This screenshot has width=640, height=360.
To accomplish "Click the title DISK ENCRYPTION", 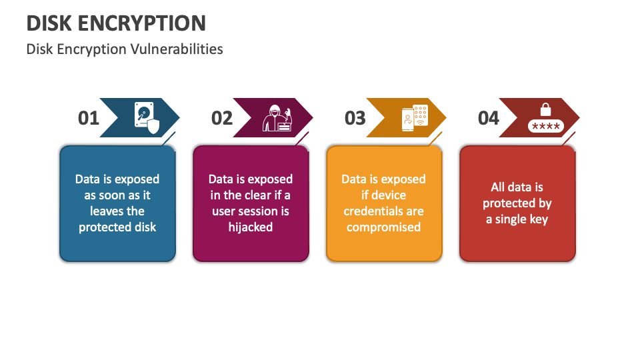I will (x=116, y=23).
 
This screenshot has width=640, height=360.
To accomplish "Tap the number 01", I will (x=89, y=118).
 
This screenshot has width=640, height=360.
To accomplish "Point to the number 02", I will (x=222, y=118).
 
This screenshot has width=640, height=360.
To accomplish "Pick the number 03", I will (x=355, y=118).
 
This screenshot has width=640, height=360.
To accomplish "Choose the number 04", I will (x=489, y=118).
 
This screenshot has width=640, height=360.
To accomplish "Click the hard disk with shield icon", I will (x=147, y=117).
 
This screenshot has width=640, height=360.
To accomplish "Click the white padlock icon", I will (x=546, y=109).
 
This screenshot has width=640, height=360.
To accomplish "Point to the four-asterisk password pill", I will (x=546, y=126).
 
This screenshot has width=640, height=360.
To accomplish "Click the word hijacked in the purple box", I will (x=251, y=227).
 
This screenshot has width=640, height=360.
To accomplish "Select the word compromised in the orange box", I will (x=383, y=227).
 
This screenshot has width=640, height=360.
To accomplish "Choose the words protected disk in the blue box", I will (x=117, y=227).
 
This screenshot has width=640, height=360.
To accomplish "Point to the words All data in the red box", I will (x=517, y=187).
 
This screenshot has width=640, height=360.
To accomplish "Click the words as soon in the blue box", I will (x=105, y=195).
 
